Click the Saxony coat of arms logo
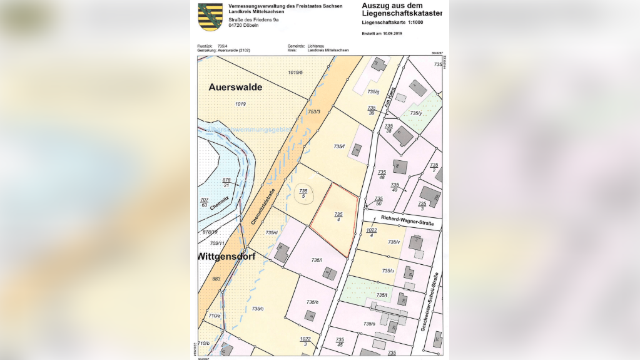coord(210,16)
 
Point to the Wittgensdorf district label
coord(226,257)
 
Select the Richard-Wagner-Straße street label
coord(407,219)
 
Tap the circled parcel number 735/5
coord(303,193)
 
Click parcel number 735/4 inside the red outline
coord(338,217)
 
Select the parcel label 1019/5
coord(295,73)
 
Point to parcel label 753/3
coord(314,111)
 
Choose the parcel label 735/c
coord(258,309)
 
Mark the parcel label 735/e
coord(312,302)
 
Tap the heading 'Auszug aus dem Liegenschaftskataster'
coord(402,9)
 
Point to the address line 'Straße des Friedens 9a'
coord(253,20)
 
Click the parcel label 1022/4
coord(372,232)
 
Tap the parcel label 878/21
coord(226,182)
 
